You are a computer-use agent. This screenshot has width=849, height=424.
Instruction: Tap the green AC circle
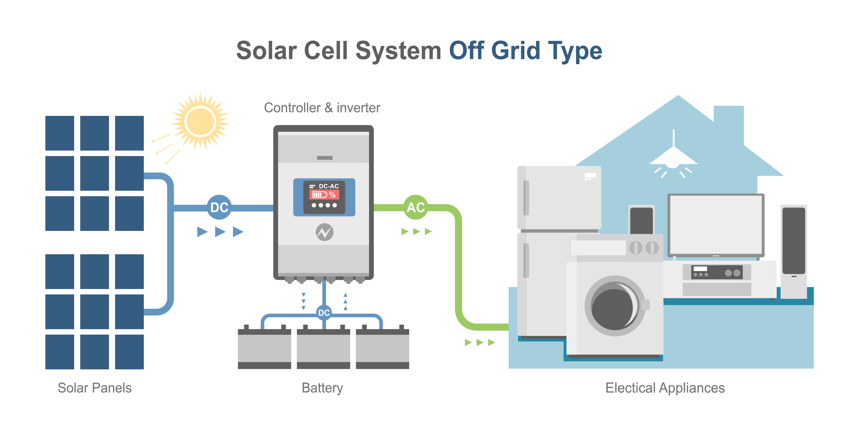coord(416,207)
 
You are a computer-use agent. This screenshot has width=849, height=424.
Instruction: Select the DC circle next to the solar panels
coord(219,207)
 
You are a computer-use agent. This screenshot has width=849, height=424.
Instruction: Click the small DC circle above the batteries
coord(324,313)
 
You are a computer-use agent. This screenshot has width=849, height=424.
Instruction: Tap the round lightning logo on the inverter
coord(325,232)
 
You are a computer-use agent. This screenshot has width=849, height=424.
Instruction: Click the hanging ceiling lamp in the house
coord(673,158)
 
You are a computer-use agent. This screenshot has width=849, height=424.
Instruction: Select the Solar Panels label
coord(95,388)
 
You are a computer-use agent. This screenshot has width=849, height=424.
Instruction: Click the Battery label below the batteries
coord(322,388)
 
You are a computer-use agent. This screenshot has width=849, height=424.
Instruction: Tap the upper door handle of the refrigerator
coord(526,198)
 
